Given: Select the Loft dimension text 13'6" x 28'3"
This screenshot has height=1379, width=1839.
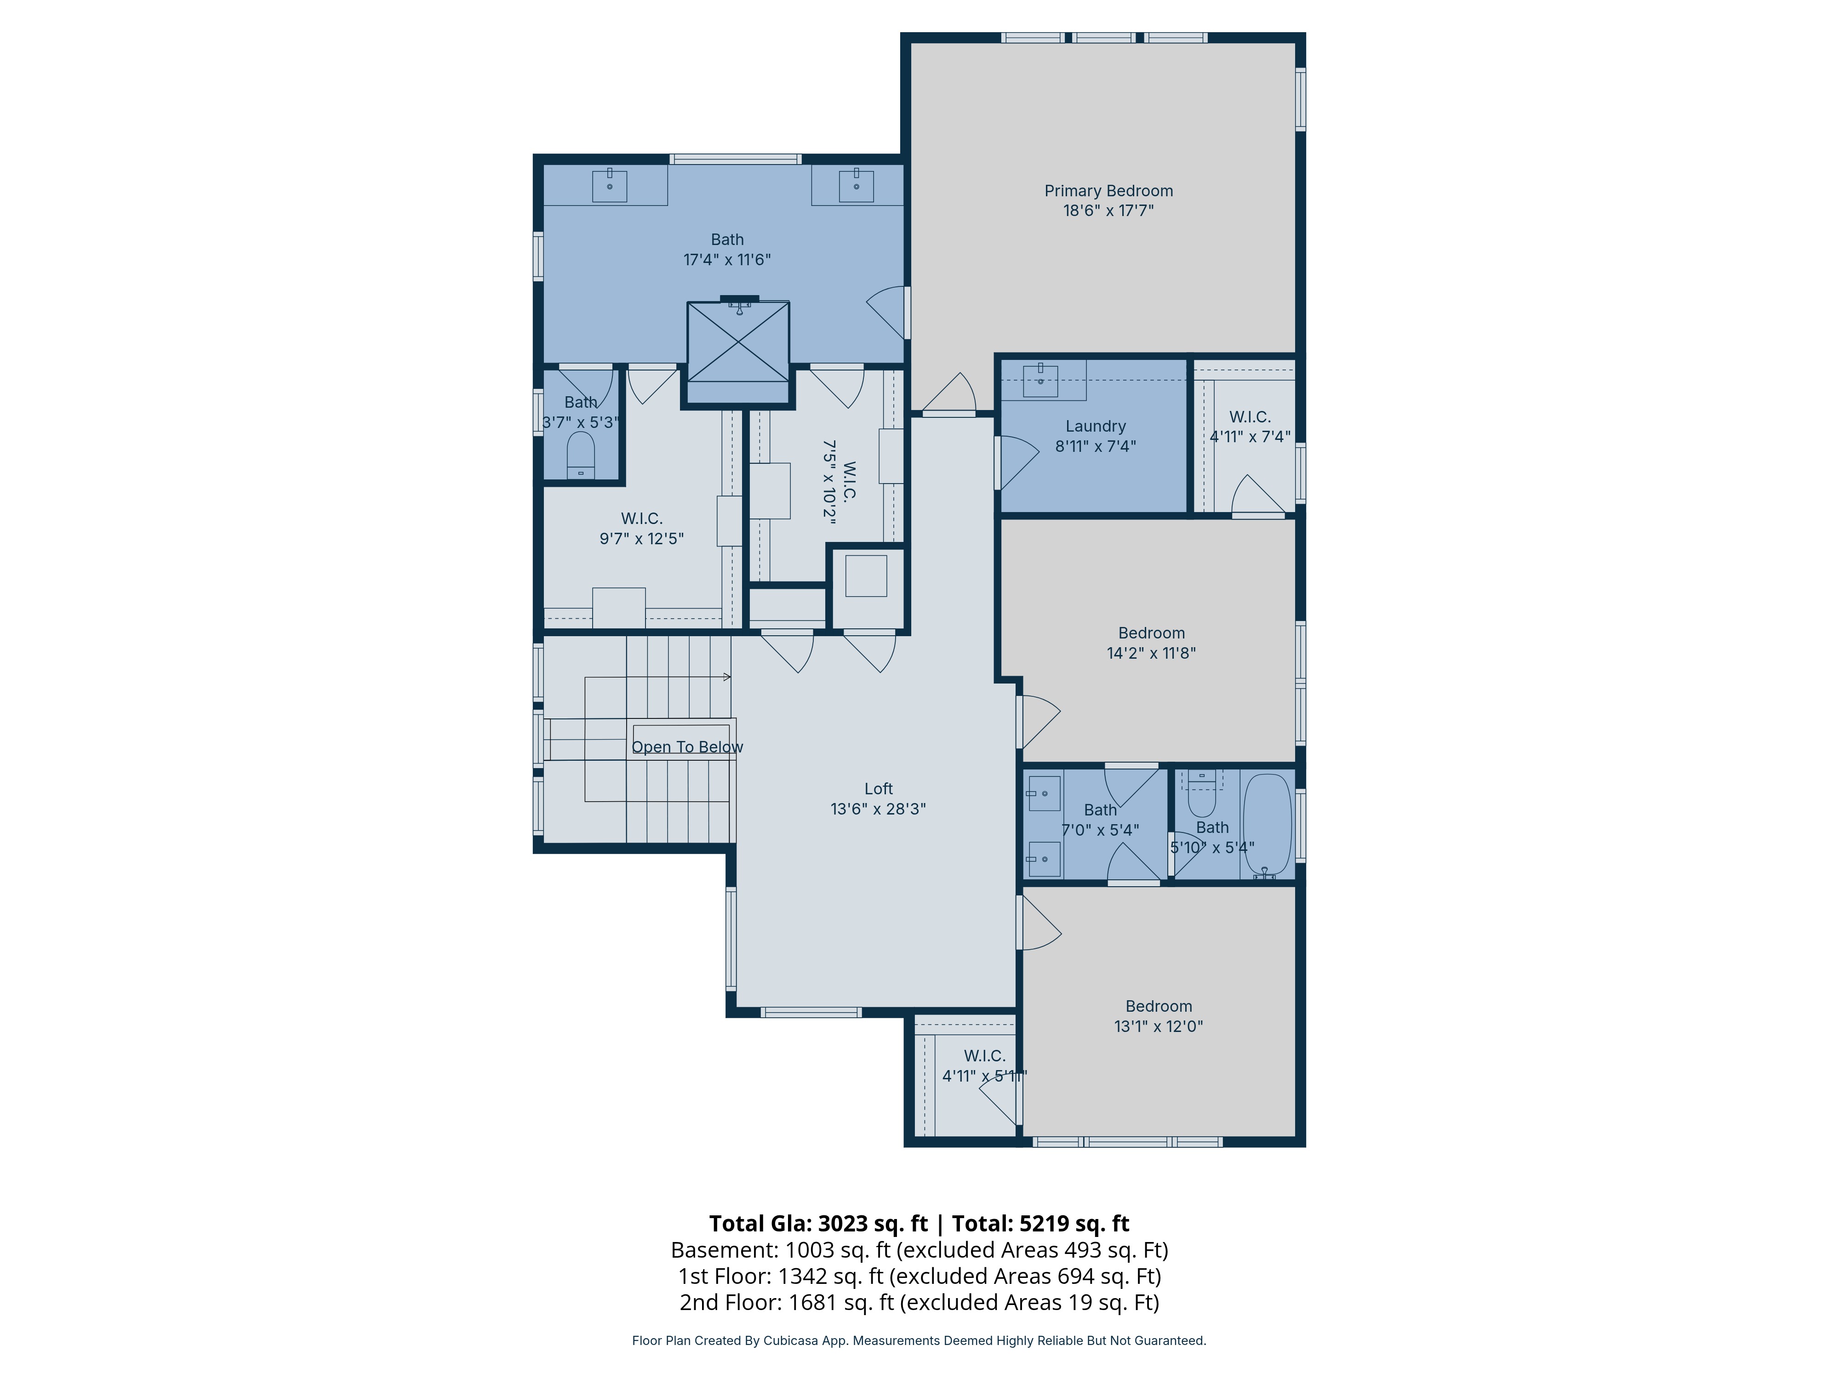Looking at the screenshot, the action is point(878,809).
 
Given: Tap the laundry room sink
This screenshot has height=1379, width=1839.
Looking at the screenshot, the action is point(1040,381).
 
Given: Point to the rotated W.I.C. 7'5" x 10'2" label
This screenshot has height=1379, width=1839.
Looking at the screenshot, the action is point(839,482).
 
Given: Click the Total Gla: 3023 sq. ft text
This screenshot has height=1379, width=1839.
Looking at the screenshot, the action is point(818,1224).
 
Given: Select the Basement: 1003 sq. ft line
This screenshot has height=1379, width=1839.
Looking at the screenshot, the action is point(919,1250).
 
